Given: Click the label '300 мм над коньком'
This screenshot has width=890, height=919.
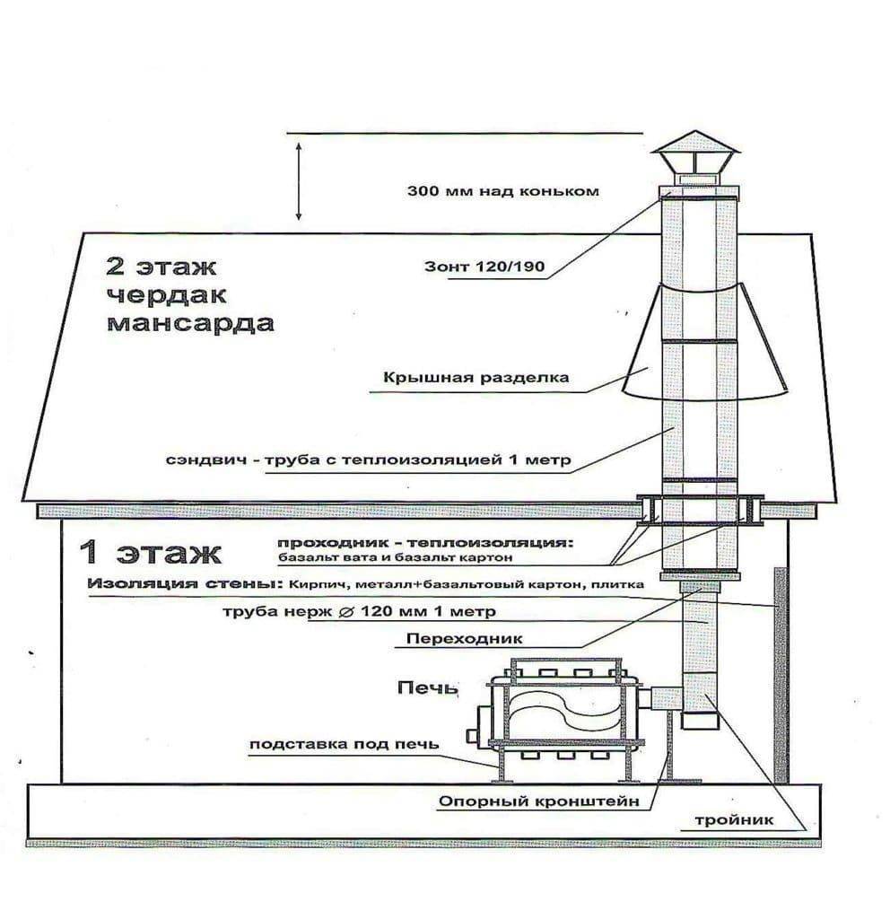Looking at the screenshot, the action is click(502, 191).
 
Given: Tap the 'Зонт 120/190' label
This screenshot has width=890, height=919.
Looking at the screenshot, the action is click(484, 267).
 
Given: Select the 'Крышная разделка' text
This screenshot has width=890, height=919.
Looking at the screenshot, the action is click(476, 377).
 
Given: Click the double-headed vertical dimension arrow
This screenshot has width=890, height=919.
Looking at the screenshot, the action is click(298, 180).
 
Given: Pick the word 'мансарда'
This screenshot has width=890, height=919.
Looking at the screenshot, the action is click(190, 323).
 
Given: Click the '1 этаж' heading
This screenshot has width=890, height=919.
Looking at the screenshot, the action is click(151, 553).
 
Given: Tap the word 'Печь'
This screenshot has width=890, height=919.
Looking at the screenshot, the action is click(427, 687).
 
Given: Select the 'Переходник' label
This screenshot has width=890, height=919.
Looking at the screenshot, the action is click(464, 638).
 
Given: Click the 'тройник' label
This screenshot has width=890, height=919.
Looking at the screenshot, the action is click(734, 820).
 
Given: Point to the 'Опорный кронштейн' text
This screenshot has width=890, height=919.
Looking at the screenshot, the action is click(538, 801).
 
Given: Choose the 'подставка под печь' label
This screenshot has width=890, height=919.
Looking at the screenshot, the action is click(344, 744).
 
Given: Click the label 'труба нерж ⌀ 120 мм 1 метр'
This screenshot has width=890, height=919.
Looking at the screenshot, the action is click(359, 612).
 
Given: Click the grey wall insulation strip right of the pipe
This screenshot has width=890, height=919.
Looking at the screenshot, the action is click(781, 675).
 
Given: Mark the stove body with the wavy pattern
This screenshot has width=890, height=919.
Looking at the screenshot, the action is click(566, 712).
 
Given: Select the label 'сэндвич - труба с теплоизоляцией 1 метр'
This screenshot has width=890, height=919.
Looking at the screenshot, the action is click(368, 459).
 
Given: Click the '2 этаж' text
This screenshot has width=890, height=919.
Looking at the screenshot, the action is click(161, 267).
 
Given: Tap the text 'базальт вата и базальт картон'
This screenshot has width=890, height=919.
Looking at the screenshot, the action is click(396, 557).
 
